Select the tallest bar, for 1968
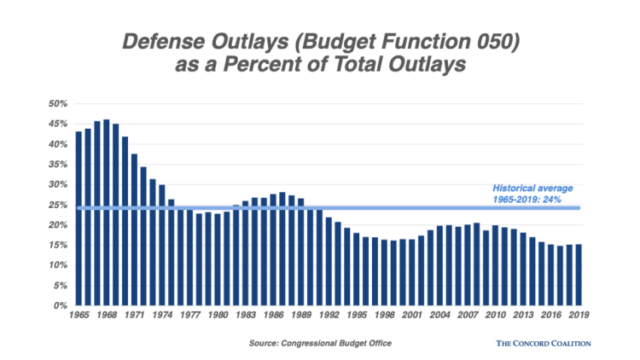107,212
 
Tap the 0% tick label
60,305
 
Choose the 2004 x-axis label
439,316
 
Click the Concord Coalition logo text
543,343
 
